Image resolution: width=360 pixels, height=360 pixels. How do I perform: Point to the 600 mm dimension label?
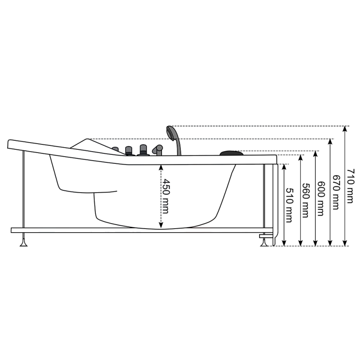coord(320,198)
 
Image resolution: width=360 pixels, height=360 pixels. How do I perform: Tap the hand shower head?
coord(171,132)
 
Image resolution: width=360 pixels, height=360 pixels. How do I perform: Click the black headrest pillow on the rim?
coord(231,153)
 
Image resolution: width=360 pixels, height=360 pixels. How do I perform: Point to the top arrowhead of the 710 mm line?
coord(345,129)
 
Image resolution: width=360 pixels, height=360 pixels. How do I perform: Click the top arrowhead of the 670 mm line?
coord(331,142)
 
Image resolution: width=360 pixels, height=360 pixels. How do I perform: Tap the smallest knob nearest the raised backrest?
coord(115,149)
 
